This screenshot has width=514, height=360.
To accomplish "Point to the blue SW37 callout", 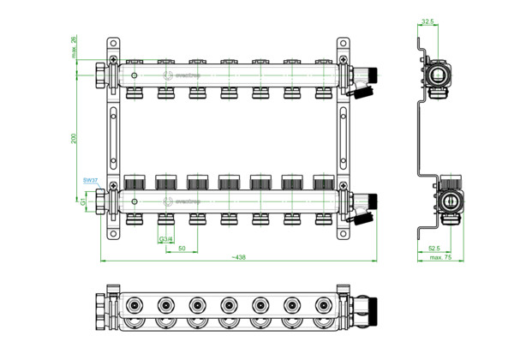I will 90,180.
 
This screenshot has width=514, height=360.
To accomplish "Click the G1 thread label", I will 83,202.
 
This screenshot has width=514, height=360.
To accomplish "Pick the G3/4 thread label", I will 165,238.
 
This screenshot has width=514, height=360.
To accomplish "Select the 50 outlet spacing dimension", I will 182,247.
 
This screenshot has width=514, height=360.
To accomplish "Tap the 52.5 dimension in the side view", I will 435,249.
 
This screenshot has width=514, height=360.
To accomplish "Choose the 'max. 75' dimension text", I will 440,257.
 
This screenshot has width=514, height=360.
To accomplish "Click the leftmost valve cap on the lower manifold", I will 134,183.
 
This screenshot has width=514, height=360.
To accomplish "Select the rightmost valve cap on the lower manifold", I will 323,183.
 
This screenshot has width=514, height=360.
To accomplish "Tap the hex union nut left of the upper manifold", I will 103,76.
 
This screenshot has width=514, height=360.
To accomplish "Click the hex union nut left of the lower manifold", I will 103,202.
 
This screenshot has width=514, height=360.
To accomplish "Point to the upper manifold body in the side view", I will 439,75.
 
